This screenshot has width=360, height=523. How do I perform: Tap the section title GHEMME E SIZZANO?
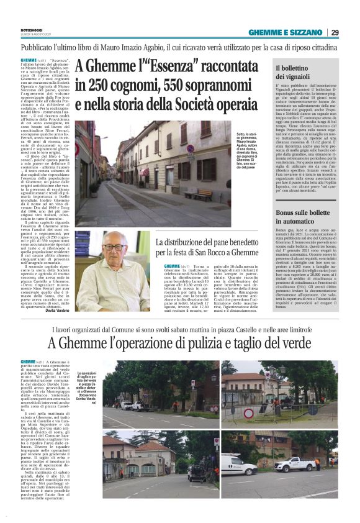tap(287, 33)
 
